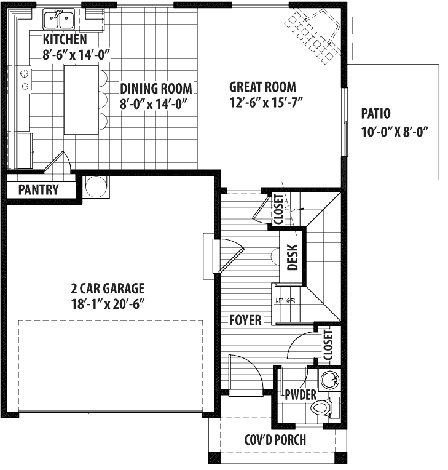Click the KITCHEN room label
tap(65, 40)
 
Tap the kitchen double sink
tap(58, 19)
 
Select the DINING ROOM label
tap(155, 88)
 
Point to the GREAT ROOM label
tap(262, 87)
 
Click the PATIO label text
tap(376, 114)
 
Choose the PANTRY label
tap(38, 189)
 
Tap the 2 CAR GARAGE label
tap(107, 288)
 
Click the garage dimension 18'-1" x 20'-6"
tap(107, 303)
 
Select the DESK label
tap(293, 258)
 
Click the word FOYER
tap(245, 321)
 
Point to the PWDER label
tap(301, 394)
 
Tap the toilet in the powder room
tap(323, 407)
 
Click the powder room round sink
tap(331, 380)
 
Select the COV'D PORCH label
tap(275, 440)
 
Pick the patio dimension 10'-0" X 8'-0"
tap(394, 131)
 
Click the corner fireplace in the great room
tap(313, 34)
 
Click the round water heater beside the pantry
tap(96, 186)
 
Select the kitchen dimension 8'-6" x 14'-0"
tap(76, 55)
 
